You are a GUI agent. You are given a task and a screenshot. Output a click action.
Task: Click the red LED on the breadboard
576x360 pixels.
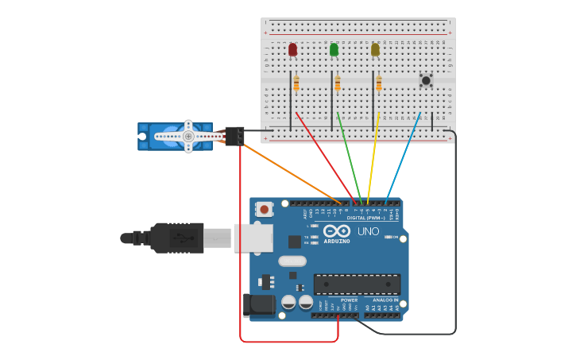click(292, 49)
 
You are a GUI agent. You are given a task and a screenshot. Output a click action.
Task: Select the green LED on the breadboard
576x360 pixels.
click(334, 49)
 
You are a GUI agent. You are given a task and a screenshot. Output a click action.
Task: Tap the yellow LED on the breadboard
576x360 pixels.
click(375, 49)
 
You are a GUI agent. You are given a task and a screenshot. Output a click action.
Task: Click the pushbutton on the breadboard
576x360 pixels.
click(426, 79)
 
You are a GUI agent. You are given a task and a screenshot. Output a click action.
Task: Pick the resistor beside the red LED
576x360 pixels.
click(296, 83)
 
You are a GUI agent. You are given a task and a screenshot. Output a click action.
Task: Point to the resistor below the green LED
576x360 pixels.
click(338, 83)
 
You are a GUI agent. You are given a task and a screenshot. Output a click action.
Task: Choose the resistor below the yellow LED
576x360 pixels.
click(379, 83)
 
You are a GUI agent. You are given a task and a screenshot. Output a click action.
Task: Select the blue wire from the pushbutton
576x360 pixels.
click(404, 156)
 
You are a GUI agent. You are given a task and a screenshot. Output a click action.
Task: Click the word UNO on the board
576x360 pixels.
click(368, 231)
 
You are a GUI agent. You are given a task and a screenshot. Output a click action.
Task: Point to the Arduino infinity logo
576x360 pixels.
click(337, 230)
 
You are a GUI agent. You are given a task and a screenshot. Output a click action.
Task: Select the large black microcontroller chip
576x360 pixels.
click(357, 284)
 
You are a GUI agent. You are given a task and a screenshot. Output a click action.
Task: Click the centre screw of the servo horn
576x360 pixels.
click(188, 137)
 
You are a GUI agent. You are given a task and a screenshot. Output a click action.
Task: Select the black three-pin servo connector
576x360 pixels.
click(234, 136)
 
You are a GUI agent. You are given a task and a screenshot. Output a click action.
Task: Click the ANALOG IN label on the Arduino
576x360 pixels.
click(385, 300)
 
